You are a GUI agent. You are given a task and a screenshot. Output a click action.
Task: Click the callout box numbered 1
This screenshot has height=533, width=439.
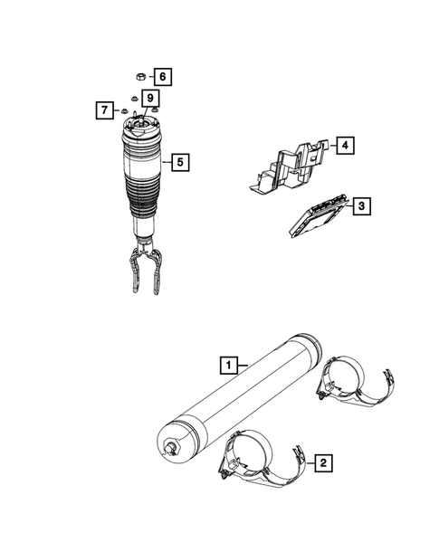(x=228, y=365)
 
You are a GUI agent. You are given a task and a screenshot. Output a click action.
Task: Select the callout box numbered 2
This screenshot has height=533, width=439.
(x=323, y=462)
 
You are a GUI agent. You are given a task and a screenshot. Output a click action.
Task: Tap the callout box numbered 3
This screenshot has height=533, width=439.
(x=361, y=206)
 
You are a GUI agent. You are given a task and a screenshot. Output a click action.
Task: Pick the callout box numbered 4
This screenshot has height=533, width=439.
(x=345, y=146)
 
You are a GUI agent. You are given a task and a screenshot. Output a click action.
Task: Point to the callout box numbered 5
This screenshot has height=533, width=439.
(x=180, y=162)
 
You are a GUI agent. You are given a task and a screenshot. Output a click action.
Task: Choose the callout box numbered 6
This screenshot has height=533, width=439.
(x=163, y=77)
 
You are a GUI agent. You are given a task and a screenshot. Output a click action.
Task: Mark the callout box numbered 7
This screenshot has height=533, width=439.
(x=104, y=110)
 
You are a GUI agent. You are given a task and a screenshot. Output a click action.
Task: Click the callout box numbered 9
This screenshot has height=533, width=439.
(x=150, y=99)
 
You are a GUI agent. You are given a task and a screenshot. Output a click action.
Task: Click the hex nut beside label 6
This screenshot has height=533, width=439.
(x=141, y=77)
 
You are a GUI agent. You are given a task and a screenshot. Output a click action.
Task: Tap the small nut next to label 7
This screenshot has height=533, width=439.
(x=124, y=110)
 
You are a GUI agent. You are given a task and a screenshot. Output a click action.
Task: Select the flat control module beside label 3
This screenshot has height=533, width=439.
(x=318, y=217)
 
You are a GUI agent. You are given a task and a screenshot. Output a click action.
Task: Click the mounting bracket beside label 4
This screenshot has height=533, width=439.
(x=289, y=166)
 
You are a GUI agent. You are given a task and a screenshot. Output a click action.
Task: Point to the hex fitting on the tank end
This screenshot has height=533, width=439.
(x=172, y=448)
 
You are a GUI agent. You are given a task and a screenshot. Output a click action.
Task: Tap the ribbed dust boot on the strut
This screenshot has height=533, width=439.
(x=143, y=199)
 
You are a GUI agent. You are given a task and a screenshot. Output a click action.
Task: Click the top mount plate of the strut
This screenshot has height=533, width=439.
(x=141, y=128)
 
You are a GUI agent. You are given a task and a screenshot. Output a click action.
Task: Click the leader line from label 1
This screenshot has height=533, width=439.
(x=243, y=366)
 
